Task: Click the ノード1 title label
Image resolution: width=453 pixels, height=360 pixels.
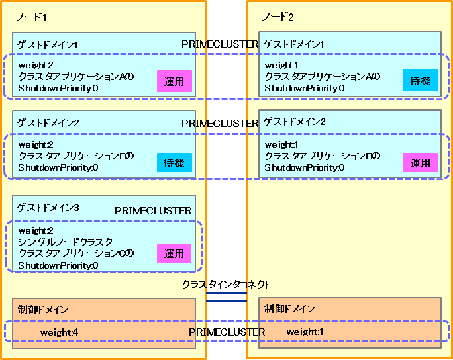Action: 31,17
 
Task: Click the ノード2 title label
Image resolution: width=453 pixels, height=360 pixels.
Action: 277,17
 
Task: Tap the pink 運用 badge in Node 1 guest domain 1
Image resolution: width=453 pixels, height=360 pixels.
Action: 174,81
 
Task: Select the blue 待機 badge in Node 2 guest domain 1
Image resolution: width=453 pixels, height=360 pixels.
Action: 420,81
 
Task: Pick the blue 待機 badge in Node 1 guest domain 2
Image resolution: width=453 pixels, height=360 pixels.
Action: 174,163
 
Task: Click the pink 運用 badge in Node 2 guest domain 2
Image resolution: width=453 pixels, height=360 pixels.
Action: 420,163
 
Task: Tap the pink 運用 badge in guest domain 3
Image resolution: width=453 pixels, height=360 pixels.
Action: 174,253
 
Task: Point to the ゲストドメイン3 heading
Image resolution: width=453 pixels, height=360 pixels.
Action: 48,208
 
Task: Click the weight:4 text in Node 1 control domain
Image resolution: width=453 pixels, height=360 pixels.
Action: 59,332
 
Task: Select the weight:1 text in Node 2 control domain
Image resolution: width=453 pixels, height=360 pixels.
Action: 305,332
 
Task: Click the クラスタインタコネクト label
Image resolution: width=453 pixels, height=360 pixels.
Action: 226,285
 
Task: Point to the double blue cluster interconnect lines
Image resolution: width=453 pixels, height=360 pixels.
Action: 226,297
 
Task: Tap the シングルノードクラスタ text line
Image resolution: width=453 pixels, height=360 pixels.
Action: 66,242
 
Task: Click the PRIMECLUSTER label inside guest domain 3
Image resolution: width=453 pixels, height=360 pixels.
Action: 153,211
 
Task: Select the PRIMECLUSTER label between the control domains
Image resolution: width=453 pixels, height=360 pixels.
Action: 226,332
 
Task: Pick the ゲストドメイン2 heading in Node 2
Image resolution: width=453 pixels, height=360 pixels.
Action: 295,122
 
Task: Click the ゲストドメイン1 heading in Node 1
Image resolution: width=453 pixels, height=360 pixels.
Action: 48,45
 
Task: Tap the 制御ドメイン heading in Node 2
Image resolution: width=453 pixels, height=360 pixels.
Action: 289,308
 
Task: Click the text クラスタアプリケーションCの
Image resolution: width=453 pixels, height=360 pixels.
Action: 76,253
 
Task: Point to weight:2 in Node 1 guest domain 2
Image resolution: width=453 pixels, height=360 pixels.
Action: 36,144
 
